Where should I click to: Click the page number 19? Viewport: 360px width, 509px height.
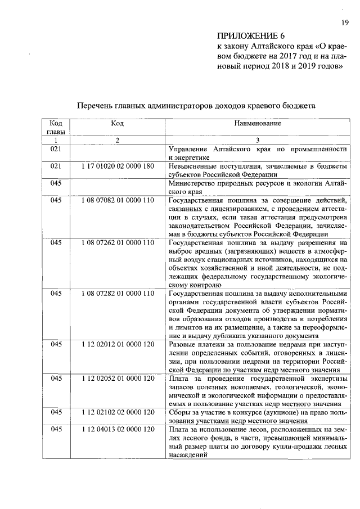point(344,22)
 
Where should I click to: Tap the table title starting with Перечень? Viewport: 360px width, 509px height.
point(196,105)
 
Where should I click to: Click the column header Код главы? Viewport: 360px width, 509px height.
point(56,127)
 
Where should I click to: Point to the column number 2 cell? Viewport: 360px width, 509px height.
point(117,140)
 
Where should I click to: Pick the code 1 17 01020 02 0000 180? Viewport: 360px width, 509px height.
point(117,166)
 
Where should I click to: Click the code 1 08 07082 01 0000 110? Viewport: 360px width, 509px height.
point(117,200)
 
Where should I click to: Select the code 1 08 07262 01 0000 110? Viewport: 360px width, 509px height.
point(117,242)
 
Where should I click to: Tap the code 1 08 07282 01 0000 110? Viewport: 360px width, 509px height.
point(117,293)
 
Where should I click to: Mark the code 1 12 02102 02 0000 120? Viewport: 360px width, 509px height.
point(117,412)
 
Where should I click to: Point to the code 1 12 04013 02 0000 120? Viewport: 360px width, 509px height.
point(117,430)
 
